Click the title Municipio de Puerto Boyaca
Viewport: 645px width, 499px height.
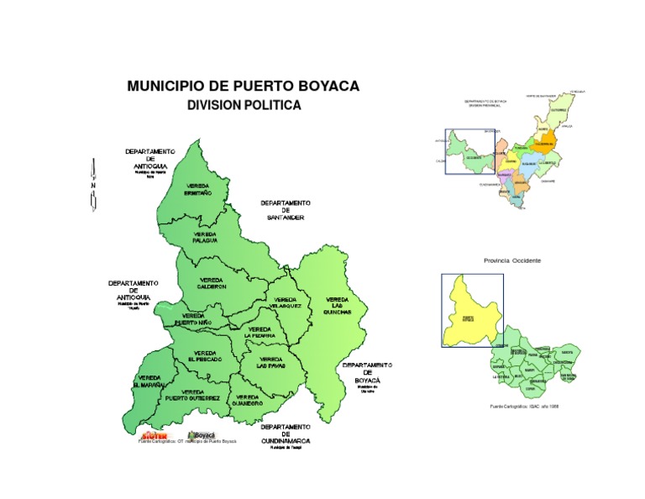point(243,87)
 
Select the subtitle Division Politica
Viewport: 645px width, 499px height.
point(243,105)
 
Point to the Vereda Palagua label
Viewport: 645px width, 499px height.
point(205,237)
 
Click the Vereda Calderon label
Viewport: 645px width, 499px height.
point(211,283)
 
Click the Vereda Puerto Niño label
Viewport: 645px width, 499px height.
point(193,319)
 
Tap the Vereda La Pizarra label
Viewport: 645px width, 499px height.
point(260,332)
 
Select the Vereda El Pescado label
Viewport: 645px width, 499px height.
point(205,356)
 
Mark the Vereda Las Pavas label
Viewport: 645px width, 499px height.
point(271,363)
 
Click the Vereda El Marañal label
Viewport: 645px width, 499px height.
point(149,381)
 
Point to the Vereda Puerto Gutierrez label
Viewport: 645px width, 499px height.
point(192,395)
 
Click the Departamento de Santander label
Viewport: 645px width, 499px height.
point(286,210)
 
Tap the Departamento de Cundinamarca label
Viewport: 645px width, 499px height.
point(286,433)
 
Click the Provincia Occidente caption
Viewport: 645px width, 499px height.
point(512,260)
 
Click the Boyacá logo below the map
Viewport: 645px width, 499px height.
point(202,434)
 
